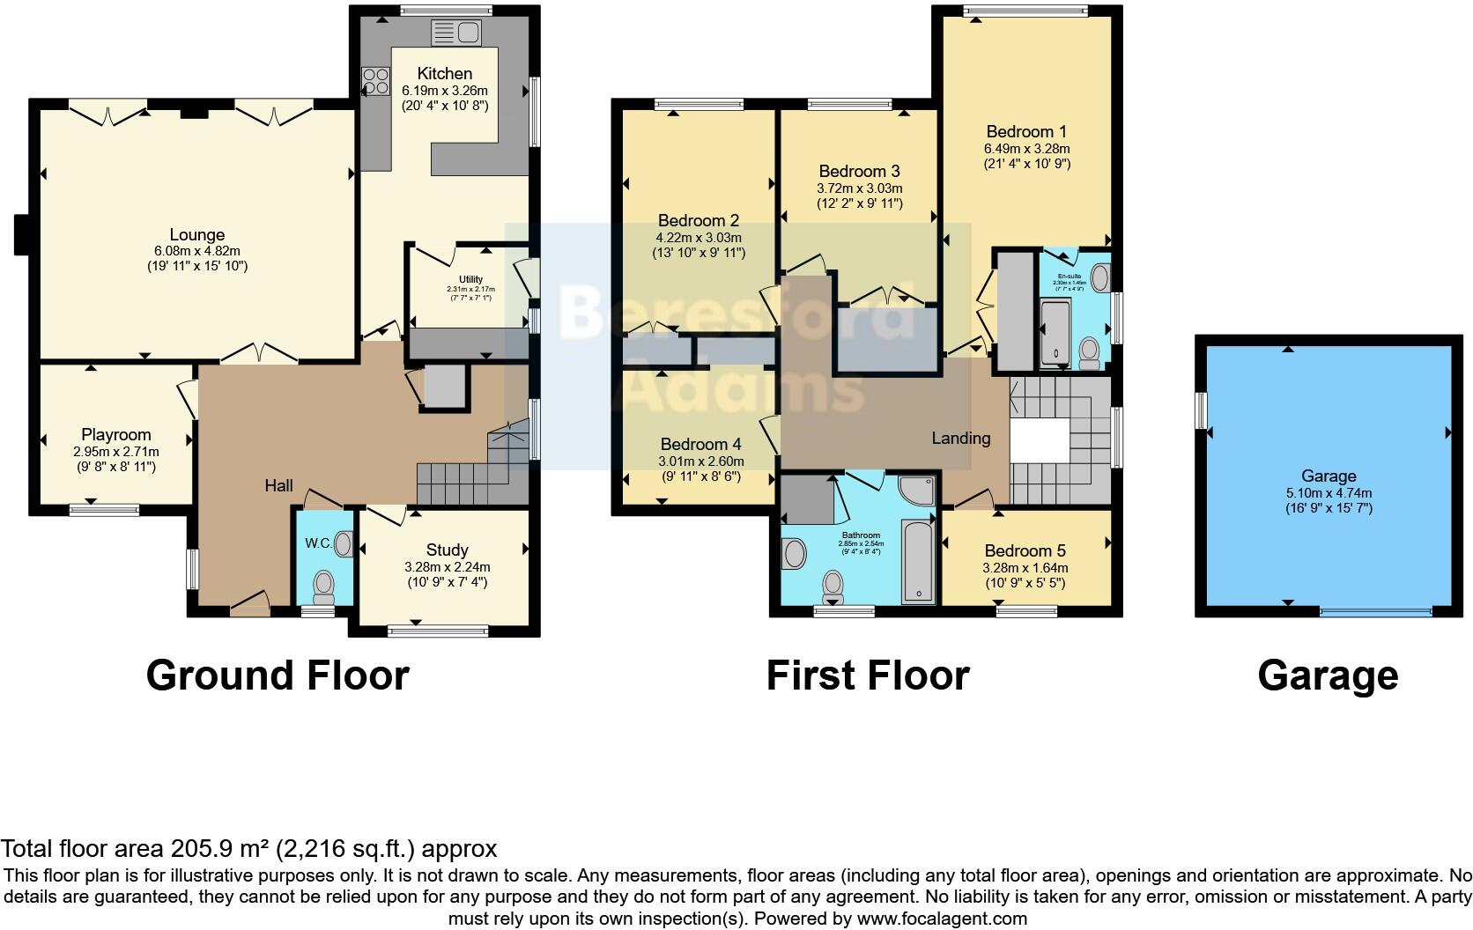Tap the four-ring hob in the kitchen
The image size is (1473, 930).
[376, 81]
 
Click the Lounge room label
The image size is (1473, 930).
[197, 235]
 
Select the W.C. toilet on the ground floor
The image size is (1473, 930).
[324, 584]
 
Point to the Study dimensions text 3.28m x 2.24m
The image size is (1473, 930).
[447, 567]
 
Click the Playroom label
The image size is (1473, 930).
[116, 435]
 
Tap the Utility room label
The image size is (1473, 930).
[470, 280]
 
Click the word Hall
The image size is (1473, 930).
[279, 486]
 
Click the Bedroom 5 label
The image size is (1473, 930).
[1025, 551]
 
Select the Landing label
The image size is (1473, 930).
[961, 439]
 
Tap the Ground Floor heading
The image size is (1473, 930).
[278, 675]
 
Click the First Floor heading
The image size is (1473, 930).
[868, 675]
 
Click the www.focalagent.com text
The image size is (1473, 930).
[942, 919]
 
